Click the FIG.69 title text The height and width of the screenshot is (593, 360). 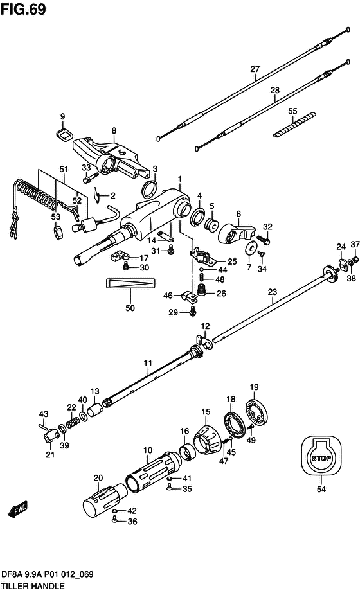[x=23, y=9]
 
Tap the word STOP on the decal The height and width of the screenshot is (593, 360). [x=321, y=458]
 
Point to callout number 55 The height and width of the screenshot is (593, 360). [x=292, y=111]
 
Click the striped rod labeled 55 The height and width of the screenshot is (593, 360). [x=294, y=124]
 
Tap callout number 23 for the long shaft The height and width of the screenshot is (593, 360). [x=272, y=292]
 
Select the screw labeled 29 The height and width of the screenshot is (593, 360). [x=193, y=311]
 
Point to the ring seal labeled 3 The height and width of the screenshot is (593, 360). [x=149, y=188]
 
